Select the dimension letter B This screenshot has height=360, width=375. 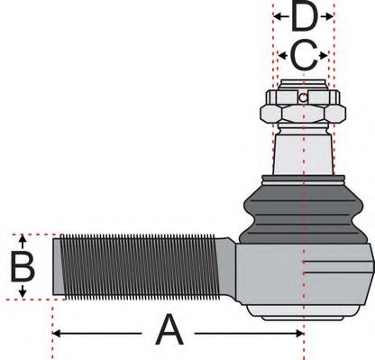(x=22, y=267)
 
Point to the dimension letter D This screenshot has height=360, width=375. (x=304, y=16)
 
